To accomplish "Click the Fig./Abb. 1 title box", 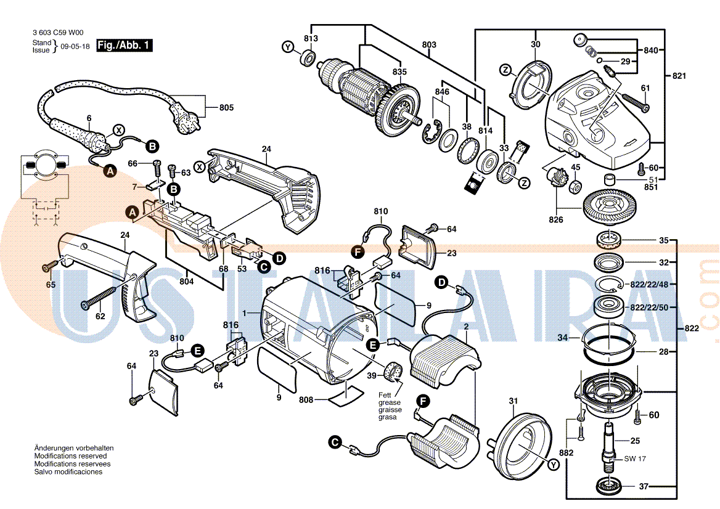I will pos(124,46).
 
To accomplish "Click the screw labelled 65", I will pos(47,267).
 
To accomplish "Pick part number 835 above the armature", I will pos(399,72).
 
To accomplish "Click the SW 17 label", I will pos(635,458).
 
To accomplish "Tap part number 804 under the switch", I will pos(187,282).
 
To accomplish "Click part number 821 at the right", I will pos(679,76).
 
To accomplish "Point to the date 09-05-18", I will pos(75,46).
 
